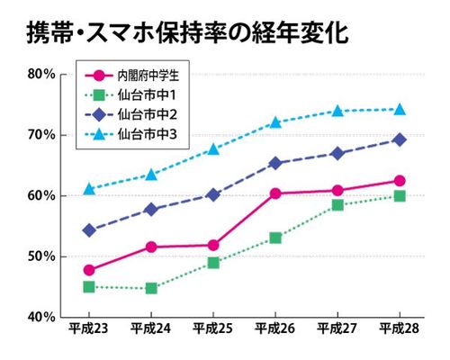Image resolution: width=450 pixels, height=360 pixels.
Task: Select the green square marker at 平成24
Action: click(x=151, y=288)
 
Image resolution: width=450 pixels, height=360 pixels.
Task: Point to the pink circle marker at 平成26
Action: click(x=275, y=193)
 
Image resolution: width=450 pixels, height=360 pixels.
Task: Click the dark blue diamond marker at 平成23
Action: click(x=89, y=230)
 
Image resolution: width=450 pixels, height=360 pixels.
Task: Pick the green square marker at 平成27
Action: click(x=337, y=205)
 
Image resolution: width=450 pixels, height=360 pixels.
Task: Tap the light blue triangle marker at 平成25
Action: click(x=213, y=148)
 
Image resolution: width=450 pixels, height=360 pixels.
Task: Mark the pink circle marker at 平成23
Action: click(x=89, y=270)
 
